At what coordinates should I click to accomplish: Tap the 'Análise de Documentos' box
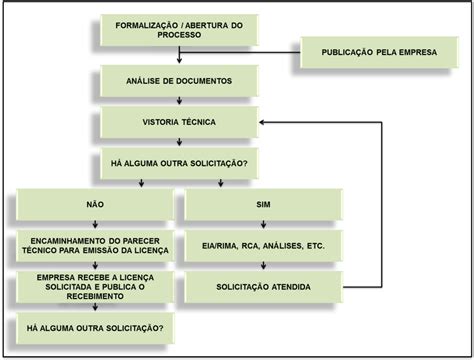tap(179, 80)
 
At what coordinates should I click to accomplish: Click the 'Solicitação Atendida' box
tap(263, 287)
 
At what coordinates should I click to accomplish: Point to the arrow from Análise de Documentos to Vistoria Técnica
tap(179, 100)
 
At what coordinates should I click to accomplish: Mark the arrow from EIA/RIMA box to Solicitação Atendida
tap(263, 266)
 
